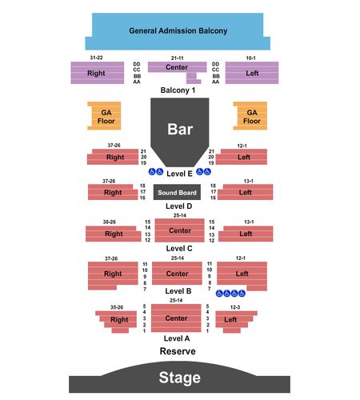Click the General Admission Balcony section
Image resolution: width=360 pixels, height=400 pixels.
178,31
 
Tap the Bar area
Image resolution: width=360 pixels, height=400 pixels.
180,130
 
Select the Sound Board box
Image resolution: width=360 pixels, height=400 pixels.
177,192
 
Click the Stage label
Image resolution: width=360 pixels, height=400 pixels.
179,378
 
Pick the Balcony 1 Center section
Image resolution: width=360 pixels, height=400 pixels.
177,67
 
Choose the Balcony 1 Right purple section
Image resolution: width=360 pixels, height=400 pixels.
98,73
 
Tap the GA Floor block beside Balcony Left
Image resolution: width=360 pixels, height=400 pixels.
250,116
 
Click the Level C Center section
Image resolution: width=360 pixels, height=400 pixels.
179,230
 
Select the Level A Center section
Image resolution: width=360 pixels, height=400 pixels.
176,318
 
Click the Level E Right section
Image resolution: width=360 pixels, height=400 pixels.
113,157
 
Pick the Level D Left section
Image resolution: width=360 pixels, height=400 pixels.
246,192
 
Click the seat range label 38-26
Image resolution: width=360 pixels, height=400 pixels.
110,222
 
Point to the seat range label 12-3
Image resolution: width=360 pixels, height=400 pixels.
235,307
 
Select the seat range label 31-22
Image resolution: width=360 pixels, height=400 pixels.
96,58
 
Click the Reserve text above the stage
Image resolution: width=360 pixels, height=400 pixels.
178,351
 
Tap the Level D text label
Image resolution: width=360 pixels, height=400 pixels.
178,206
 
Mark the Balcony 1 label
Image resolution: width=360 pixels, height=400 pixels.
178,90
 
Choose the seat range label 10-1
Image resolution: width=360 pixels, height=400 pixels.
250,58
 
